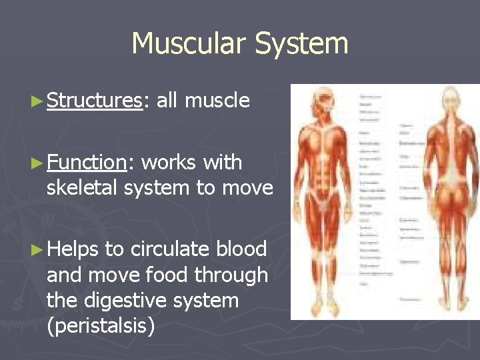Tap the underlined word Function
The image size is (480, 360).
pos(87,163)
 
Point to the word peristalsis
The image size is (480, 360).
pos(101,327)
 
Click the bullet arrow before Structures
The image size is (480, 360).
pos(39,101)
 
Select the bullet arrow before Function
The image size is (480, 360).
pos(39,163)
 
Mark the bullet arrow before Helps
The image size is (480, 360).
pos(39,249)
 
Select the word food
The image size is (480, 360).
pos(170,275)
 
